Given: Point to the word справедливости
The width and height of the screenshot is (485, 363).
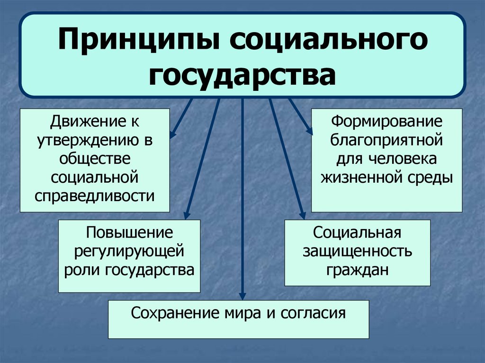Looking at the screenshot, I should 95,195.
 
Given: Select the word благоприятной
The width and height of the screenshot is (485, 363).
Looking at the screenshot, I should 386,141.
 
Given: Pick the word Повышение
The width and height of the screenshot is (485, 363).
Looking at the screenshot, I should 128,233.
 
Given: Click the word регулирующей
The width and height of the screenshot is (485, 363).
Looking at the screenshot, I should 128,251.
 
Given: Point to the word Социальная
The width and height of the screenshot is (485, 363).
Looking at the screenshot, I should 358,233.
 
